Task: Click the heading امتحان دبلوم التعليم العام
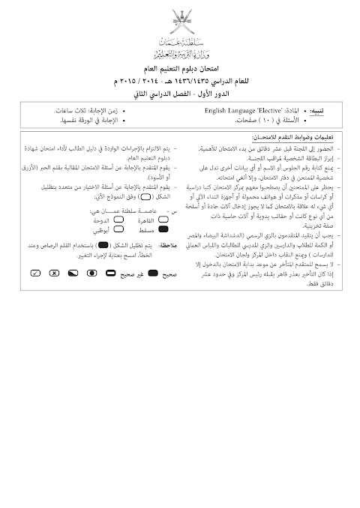(180, 67)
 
